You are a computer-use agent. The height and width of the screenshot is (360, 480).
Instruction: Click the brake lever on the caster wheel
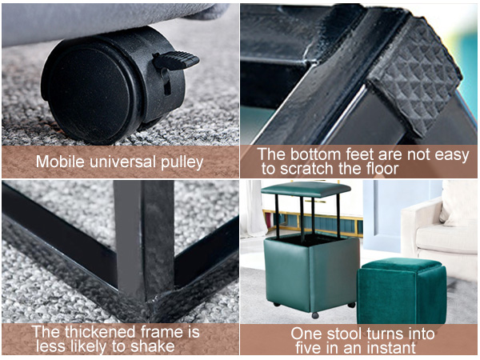[175, 60]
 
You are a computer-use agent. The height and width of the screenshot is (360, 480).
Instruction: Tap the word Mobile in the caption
[60, 162]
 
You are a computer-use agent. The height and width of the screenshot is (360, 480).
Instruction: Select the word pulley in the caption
[182, 163]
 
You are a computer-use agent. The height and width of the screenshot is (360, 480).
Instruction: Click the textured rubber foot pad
[416, 77]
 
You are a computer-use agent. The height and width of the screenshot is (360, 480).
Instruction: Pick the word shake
[153, 346]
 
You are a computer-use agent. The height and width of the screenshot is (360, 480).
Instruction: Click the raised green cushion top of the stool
[306, 188]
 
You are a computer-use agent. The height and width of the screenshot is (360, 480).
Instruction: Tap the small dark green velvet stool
[402, 290]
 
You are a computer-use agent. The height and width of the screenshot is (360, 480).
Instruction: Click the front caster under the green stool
[314, 314]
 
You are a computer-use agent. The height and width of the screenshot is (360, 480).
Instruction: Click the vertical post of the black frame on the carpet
[144, 242]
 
